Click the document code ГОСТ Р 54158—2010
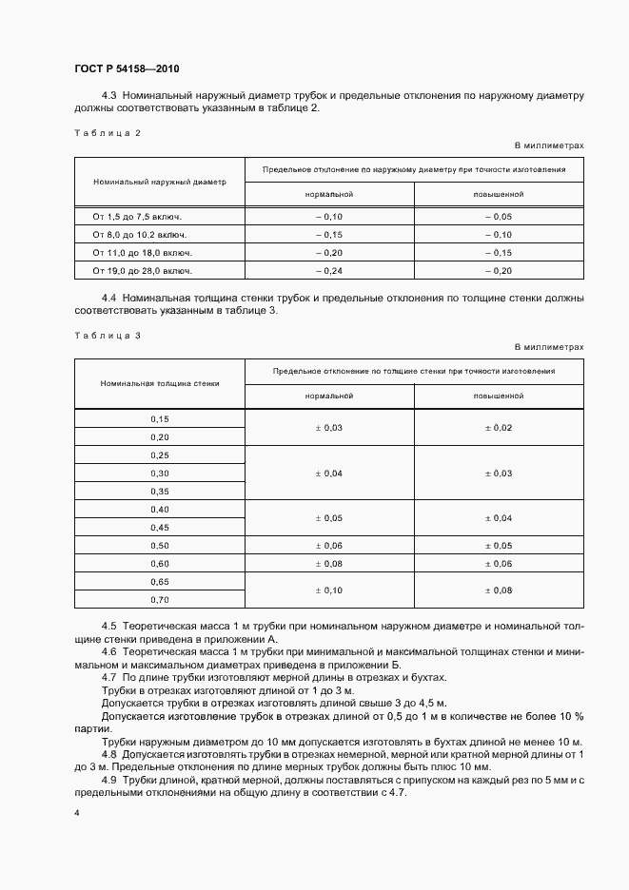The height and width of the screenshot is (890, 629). (x=127, y=69)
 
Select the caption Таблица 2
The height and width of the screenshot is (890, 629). (x=107, y=133)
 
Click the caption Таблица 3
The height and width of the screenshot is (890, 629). (x=107, y=335)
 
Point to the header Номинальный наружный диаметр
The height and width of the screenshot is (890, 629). (x=159, y=181)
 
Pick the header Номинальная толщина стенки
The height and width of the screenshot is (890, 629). (x=159, y=383)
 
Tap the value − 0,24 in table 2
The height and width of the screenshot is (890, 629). (x=328, y=271)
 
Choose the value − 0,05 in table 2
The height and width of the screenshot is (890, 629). (x=499, y=217)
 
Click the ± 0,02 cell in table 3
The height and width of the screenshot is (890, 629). (x=499, y=428)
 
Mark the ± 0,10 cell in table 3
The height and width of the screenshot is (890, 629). (x=328, y=590)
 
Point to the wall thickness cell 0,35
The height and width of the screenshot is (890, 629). (x=159, y=491)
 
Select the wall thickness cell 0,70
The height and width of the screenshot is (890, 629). (x=159, y=600)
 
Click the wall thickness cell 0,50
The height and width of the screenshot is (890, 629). (x=159, y=546)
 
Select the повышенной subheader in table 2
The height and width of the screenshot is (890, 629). (x=499, y=193)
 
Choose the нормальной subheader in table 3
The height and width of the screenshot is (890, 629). (x=328, y=396)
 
